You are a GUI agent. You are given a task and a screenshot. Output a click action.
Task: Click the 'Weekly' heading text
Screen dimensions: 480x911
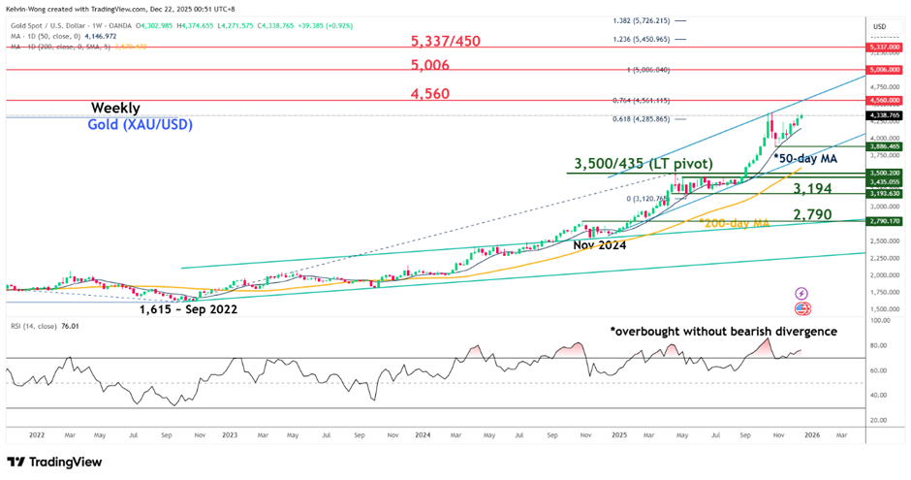pos(115,108)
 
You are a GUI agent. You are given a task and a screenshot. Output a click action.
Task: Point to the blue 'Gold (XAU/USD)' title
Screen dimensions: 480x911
pos(135,125)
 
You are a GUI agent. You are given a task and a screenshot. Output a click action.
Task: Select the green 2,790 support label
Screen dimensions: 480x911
pos(812,214)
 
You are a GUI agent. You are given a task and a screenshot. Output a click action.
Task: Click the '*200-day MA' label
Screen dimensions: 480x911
pos(733,223)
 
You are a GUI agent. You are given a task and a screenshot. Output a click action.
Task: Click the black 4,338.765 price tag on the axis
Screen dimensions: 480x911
pos(883,115)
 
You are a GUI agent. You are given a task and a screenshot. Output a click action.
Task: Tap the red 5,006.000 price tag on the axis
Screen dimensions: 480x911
pos(883,70)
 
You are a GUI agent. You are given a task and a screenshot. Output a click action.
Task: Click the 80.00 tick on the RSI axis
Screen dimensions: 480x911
pos(880,345)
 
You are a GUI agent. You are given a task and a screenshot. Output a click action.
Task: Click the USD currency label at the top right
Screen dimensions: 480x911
pos(879,26)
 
